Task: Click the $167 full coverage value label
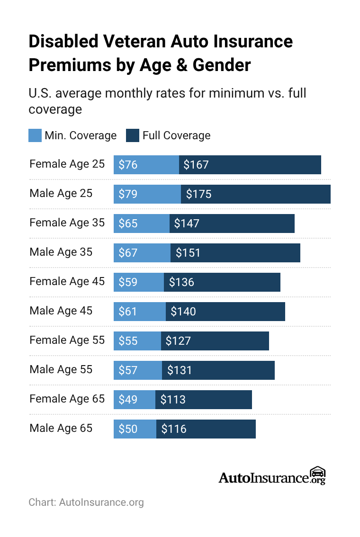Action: pyautogui.click(x=196, y=165)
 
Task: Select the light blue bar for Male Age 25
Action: pyautogui.click(x=147, y=194)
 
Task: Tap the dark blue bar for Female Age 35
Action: pyautogui.click(x=232, y=224)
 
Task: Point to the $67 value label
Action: pyautogui.click(x=128, y=253)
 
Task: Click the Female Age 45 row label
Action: pyautogui.click(x=67, y=281)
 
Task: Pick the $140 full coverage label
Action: pyautogui.click(x=183, y=312)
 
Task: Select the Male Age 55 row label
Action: pyautogui.click(x=61, y=369)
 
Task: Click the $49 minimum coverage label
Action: pyautogui.click(x=128, y=400)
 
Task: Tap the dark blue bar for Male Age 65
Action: pyautogui.click(x=206, y=429)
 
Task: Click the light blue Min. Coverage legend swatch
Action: pyautogui.click(x=35, y=135)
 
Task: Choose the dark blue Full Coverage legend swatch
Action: pyautogui.click(x=133, y=135)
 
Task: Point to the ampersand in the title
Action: pyautogui.click(x=181, y=65)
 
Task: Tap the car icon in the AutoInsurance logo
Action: pyautogui.click(x=317, y=473)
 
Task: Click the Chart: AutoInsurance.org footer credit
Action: pyautogui.click(x=86, y=502)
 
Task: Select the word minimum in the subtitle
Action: pyautogui.click(x=236, y=93)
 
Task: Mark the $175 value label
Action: pyautogui.click(x=198, y=194)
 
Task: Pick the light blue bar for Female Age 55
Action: pyautogui.click(x=137, y=341)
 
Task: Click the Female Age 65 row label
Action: pyautogui.click(x=67, y=399)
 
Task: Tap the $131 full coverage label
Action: pyautogui.click(x=180, y=370)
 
